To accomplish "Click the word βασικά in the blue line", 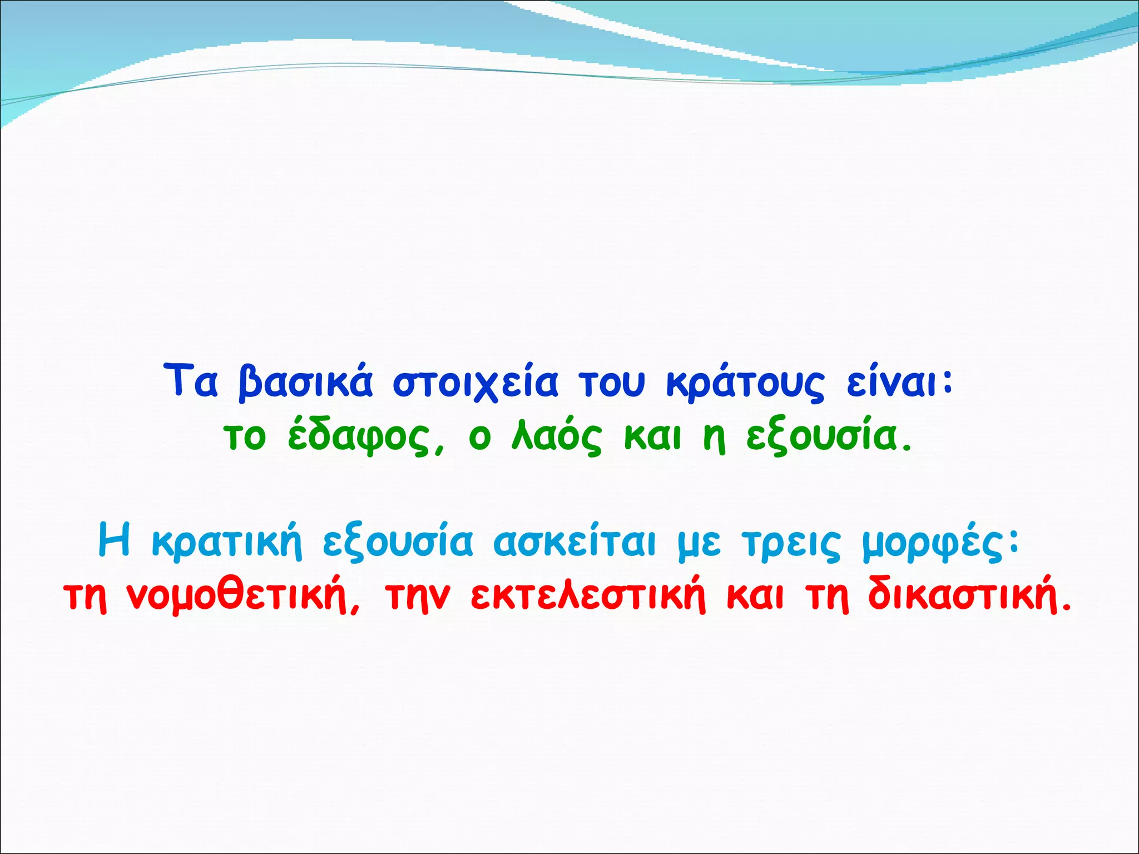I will pos(305,383).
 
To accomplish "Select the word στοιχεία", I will pos(476,383).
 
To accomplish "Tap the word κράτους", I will pos(745,383).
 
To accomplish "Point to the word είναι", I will pos(900,383).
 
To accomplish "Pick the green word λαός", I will pos(556,438).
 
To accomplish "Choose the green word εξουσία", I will pos(829,438).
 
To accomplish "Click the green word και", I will pos(652,438).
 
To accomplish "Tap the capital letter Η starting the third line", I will pos(114,541).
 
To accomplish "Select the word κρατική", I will pos(227,542).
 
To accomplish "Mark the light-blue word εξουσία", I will pos(398,542).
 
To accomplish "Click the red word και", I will pos(755,597).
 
